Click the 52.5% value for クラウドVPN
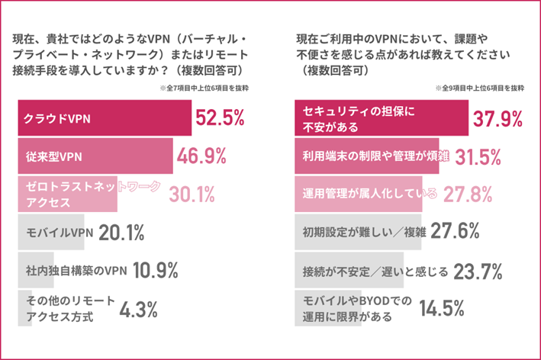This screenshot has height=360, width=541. click(219, 117)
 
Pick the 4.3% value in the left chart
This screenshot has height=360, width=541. click(137, 309)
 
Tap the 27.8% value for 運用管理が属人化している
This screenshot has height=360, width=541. click(466, 195)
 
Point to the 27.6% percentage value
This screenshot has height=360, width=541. click(456, 233)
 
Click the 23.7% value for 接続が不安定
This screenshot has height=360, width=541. click(478, 271)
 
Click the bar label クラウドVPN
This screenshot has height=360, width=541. click(53, 119)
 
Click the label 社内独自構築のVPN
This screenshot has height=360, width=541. click(76, 272)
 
